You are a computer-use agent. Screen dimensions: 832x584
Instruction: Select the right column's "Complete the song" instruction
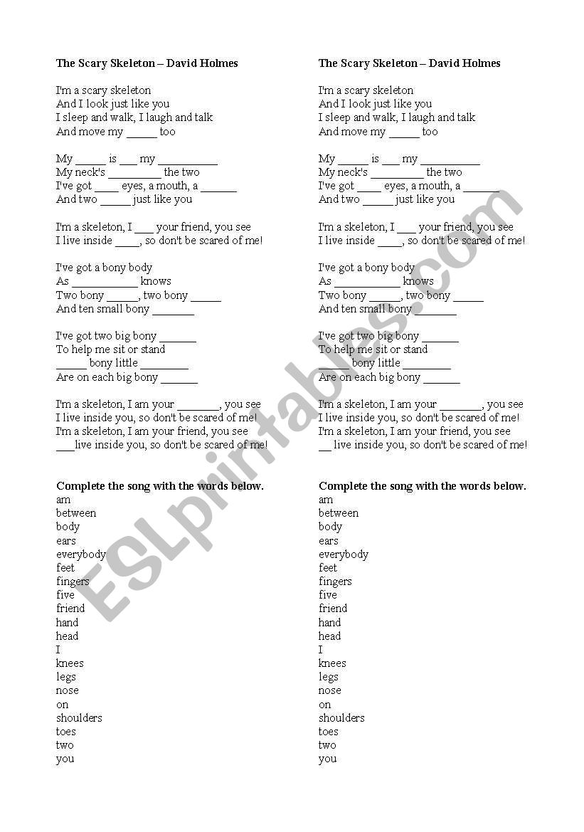click(x=422, y=486)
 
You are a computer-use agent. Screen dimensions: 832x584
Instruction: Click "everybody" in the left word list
click(x=81, y=554)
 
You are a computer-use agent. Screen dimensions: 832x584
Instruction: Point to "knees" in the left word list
click(x=70, y=663)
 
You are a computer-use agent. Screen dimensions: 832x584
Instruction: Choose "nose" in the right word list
click(x=329, y=690)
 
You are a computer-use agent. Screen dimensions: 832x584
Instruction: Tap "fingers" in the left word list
click(x=73, y=581)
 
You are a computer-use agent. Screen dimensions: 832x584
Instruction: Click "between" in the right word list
click(x=338, y=513)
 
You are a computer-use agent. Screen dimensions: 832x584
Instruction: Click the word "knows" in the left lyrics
click(x=156, y=281)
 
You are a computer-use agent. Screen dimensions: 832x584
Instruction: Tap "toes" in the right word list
click(x=328, y=732)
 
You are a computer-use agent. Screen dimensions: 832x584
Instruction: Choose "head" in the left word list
click(x=67, y=636)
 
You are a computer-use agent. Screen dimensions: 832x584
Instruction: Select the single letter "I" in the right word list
click(x=321, y=650)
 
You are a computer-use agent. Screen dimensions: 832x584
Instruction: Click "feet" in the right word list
click(x=328, y=568)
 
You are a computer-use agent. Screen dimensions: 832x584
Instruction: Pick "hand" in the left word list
click(x=67, y=622)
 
